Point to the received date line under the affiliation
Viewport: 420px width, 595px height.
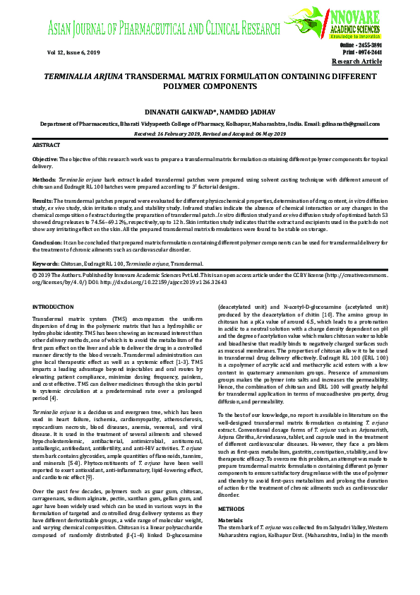pyautogui.click(x=210, y=134)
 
